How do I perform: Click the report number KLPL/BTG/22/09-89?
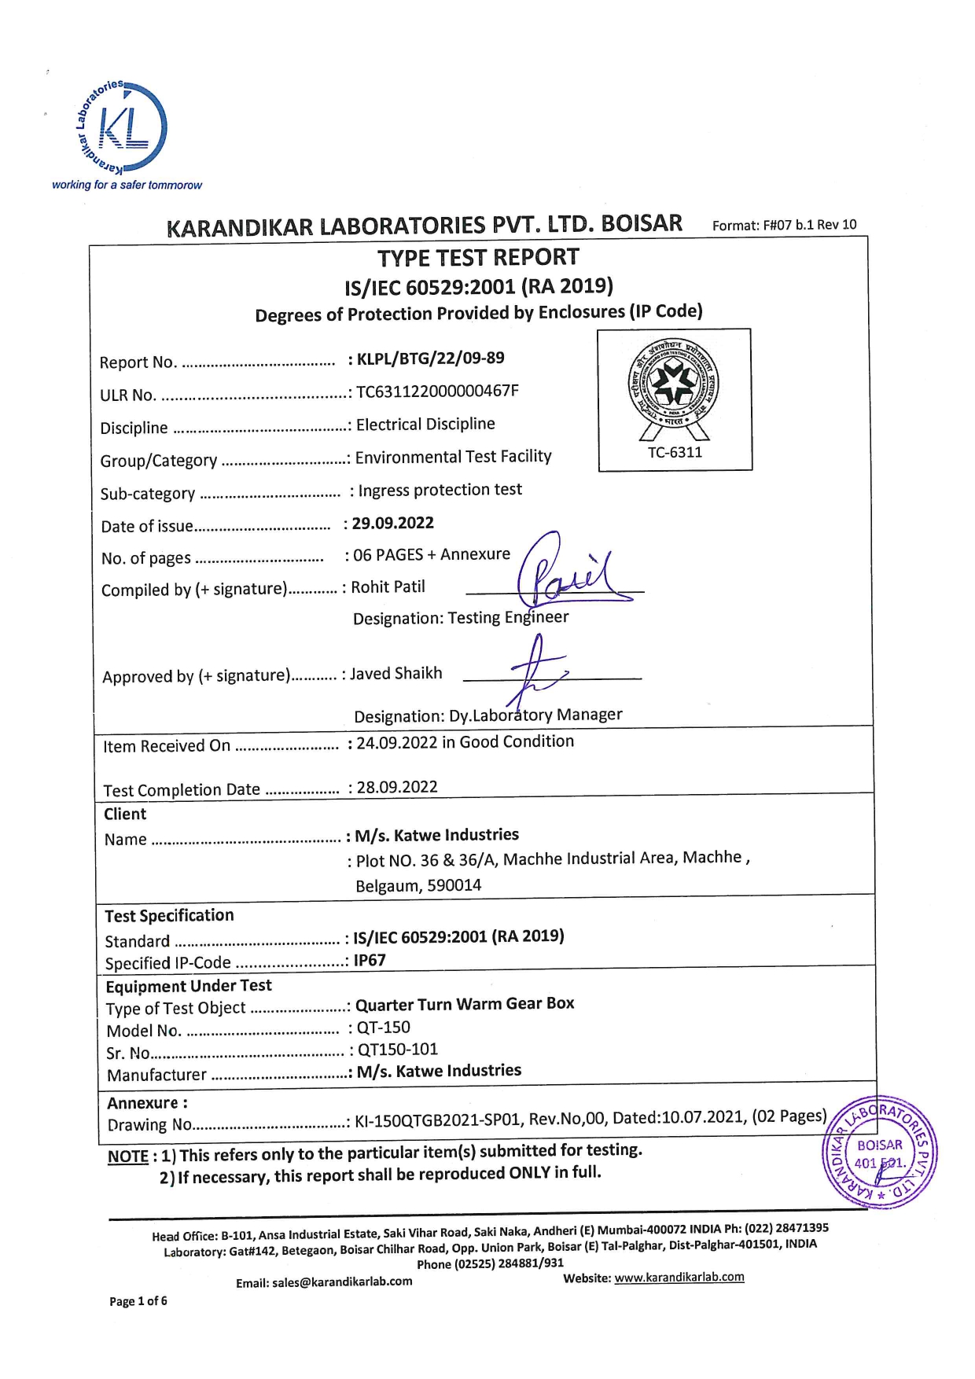pos(430,359)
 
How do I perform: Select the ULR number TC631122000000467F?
pos(437,392)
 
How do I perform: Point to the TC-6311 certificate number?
pos(675,452)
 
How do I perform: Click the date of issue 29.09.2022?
pos(392,524)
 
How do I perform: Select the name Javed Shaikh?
pos(396,674)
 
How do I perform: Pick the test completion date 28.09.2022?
pos(397,787)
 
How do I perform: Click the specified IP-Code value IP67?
pos(370,960)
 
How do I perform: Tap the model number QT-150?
pos(383,1027)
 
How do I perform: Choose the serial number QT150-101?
pos(397,1050)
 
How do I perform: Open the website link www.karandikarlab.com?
pos(679,1278)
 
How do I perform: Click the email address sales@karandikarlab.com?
pos(342,1282)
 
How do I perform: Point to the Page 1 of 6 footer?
pos(138,1301)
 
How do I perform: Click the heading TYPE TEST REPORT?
pos(478,258)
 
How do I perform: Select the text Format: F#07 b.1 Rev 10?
pos(784,225)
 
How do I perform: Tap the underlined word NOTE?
pos(128,1157)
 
